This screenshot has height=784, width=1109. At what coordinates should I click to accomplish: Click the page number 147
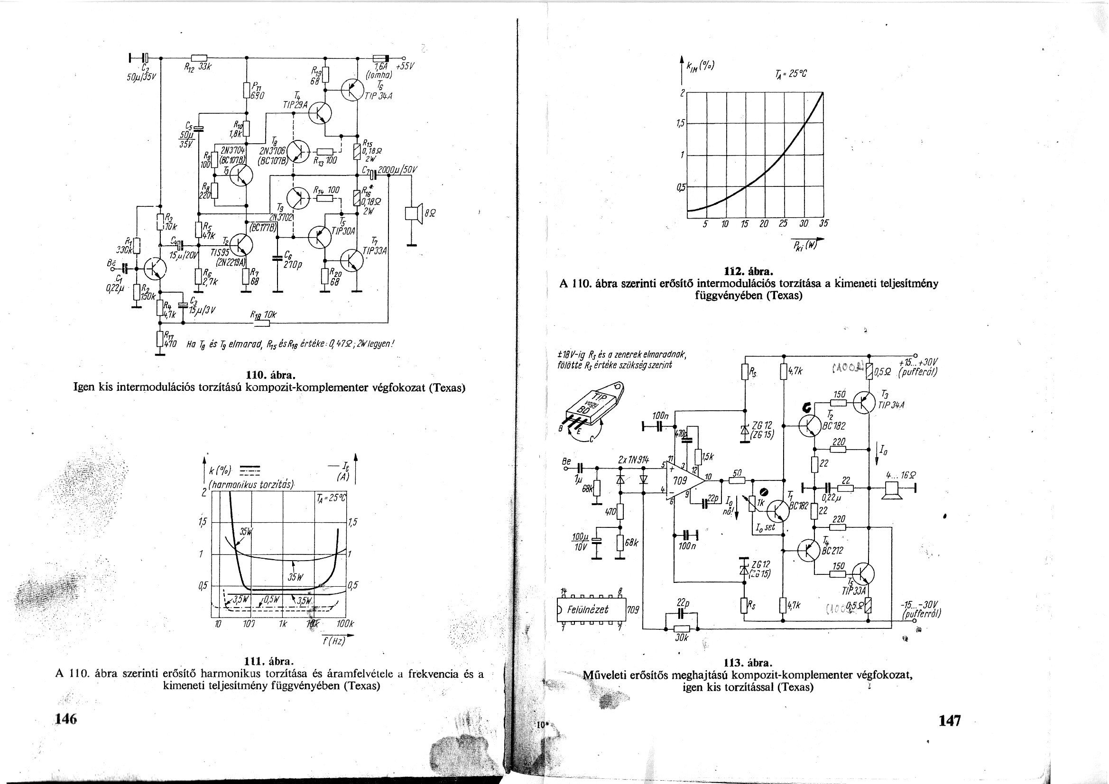pyautogui.click(x=950, y=721)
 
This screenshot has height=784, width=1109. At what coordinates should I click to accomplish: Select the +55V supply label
pyautogui.click(x=405, y=66)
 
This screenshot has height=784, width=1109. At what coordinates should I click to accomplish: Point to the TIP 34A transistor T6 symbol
pyautogui.click(x=351, y=89)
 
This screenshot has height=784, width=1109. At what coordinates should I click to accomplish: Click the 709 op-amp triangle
pyautogui.click(x=682, y=480)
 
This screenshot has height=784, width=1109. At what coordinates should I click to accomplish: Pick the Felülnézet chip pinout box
pyautogui.click(x=591, y=609)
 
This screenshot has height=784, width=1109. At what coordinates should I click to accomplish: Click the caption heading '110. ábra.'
pyautogui.click(x=269, y=375)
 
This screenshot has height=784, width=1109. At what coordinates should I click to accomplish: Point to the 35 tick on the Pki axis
pyautogui.click(x=823, y=224)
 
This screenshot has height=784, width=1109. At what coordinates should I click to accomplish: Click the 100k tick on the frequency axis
pyautogui.click(x=345, y=624)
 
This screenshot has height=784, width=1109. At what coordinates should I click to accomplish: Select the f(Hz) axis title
pyautogui.click(x=334, y=641)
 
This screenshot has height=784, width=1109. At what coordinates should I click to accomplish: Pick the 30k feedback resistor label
pyautogui.click(x=681, y=637)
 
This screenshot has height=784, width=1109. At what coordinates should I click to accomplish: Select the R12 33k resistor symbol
pyautogui.click(x=199, y=57)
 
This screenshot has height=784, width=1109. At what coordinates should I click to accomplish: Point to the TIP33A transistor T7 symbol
pyautogui.click(x=351, y=261)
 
